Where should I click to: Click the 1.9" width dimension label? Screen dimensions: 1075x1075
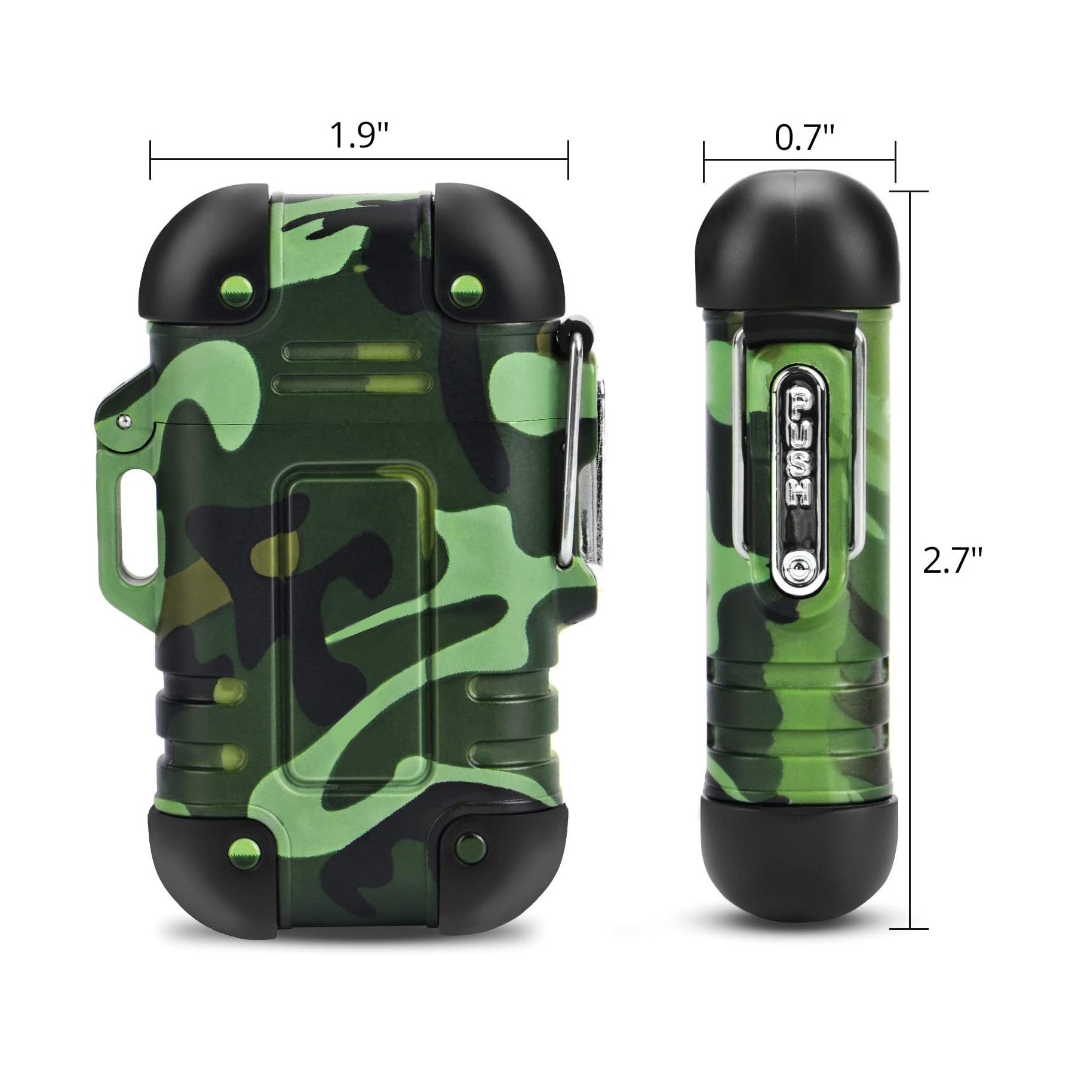tap(359, 136)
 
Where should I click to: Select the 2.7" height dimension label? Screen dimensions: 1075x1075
tap(952, 561)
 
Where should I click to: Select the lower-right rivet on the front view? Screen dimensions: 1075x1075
tap(466, 844)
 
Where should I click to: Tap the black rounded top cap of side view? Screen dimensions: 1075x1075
tap(800, 239)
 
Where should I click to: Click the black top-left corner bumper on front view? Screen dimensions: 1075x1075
tap(197, 251)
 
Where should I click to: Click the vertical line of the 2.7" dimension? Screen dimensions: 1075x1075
tap(910, 418)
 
